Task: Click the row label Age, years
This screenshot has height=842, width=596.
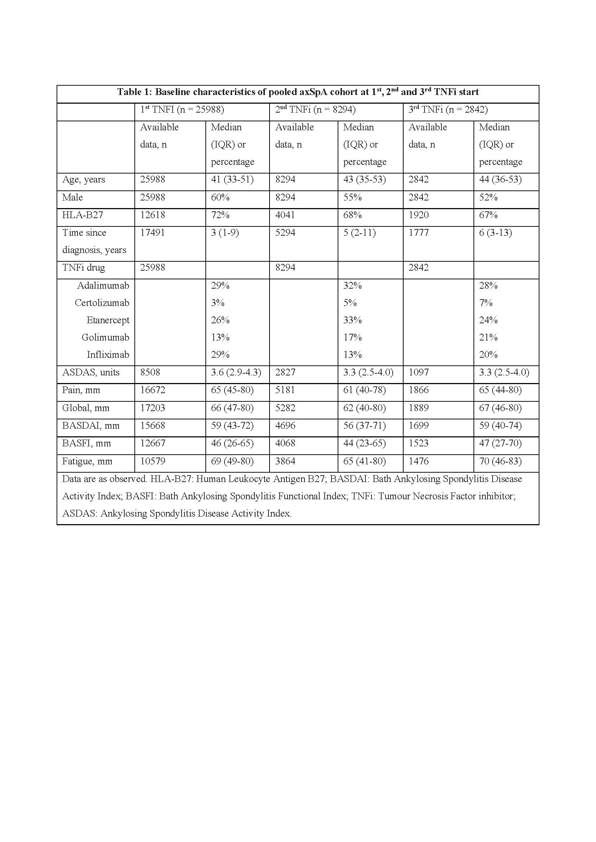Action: tap(83, 179)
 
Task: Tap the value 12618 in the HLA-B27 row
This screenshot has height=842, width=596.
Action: tap(152, 215)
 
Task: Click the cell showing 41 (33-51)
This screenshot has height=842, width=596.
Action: tap(232, 179)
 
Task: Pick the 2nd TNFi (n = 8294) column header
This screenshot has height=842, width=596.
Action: tap(315, 110)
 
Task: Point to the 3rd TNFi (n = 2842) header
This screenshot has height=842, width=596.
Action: tap(448, 110)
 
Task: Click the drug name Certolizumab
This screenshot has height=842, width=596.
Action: tap(102, 302)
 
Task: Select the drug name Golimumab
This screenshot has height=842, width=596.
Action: tap(105, 337)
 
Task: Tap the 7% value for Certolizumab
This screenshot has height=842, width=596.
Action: tap(485, 302)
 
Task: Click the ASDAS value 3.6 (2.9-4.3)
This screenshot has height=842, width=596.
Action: tap(236, 372)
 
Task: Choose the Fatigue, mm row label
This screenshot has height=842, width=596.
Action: tap(87, 461)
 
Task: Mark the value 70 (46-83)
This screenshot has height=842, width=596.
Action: tap(500, 461)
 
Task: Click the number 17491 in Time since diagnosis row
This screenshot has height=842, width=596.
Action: tap(152, 233)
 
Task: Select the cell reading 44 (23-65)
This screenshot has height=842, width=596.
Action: tap(364, 443)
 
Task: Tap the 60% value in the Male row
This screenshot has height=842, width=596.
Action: tap(220, 197)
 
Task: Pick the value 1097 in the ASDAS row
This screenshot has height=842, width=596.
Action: tap(418, 372)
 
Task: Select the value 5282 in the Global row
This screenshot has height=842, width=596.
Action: tap(285, 408)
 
